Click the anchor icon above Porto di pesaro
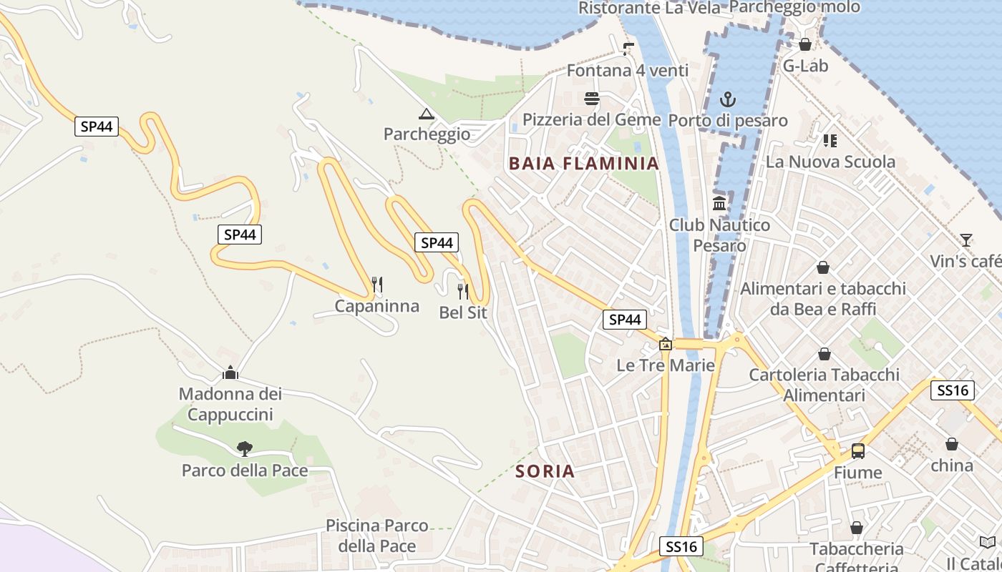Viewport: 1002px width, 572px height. click(x=728, y=99)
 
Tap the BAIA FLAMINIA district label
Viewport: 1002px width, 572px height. click(x=583, y=163)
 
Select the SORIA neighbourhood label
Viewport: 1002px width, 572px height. click(x=545, y=471)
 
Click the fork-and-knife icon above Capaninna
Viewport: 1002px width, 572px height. click(x=377, y=285)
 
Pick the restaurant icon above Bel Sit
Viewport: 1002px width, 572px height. click(x=463, y=291)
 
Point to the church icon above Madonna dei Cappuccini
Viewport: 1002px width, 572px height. click(x=230, y=373)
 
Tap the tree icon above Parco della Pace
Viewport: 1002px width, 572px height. click(x=245, y=449)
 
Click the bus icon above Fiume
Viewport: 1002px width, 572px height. click(x=857, y=451)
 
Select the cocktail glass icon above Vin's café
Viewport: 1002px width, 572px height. click(x=966, y=240)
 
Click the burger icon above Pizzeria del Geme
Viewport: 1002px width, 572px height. click(x=591, y=99)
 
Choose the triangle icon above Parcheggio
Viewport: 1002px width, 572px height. click(x=427, y=114)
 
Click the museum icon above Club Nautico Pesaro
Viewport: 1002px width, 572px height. click(x=719, y=204)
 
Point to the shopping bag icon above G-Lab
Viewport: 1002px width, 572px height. click(x=805, y=44)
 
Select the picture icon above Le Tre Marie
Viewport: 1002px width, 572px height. click(x=666, y=345)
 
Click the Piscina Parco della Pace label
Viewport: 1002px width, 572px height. click(x=377, y=536)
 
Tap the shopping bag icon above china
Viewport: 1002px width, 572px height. click(x=952, y=444)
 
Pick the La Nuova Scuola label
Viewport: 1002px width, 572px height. click(x=830, y=162)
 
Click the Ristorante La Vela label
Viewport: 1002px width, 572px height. click(x=649, y=8)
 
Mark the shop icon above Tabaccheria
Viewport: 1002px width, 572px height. click(x=857, y=528)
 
